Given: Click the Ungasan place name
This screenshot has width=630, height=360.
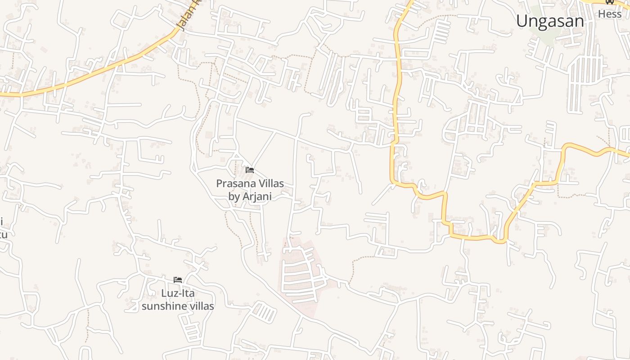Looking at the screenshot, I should (x=549, y=21).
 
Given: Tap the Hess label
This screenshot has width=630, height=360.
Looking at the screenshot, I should (x=609, y=14).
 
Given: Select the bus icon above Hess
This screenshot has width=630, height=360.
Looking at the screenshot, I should (x=610, y=2).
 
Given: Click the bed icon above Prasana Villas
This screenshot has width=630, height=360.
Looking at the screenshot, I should (x=250, y=170).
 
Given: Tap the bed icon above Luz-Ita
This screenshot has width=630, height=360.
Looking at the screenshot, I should (x=178, y=280).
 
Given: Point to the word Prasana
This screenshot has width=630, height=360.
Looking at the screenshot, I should (x=234, y=184).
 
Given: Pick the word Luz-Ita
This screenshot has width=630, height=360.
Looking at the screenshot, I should (x=178, y=293).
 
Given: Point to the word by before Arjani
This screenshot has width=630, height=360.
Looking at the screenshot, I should (x=234, y=197).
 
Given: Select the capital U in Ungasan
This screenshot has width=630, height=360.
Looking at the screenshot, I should (x=522, y=21).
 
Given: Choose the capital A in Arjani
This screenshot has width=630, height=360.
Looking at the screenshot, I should (x=246, y=197).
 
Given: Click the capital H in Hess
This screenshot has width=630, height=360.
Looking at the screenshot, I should (x=601, y=14).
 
